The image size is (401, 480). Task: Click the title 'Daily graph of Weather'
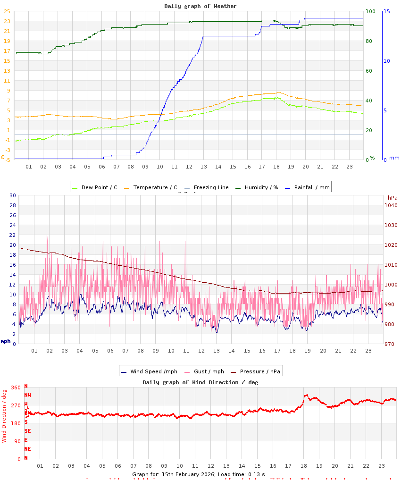point(200,6)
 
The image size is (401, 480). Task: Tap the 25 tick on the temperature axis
point(7,11)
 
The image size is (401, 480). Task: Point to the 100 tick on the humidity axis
point(370,11)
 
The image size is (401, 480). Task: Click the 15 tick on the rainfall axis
point(387,11)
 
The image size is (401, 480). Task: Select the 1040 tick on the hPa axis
point(391,205)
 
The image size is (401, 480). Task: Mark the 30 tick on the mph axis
point(13,195)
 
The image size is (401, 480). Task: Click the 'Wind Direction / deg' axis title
point(4,416)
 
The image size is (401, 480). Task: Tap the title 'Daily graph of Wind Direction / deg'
point(200,382)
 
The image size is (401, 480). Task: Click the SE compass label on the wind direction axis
point(27,431)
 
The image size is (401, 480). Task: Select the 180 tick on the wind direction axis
point(16,423)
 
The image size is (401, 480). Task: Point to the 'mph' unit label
point(6,341)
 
